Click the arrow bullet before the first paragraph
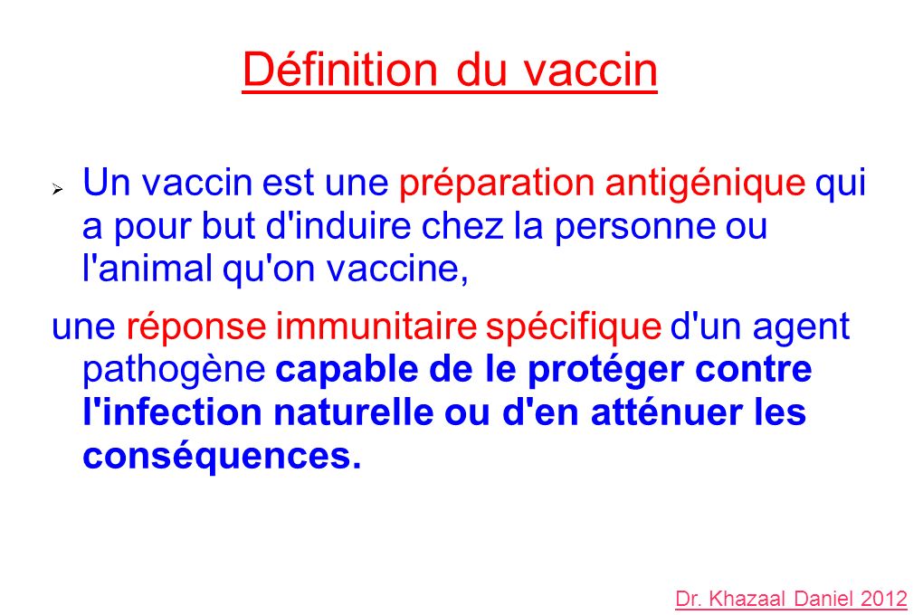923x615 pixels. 56,191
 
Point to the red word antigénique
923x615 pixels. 705,184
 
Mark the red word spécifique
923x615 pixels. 573,327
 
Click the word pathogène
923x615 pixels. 173,371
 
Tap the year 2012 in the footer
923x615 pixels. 884,599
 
